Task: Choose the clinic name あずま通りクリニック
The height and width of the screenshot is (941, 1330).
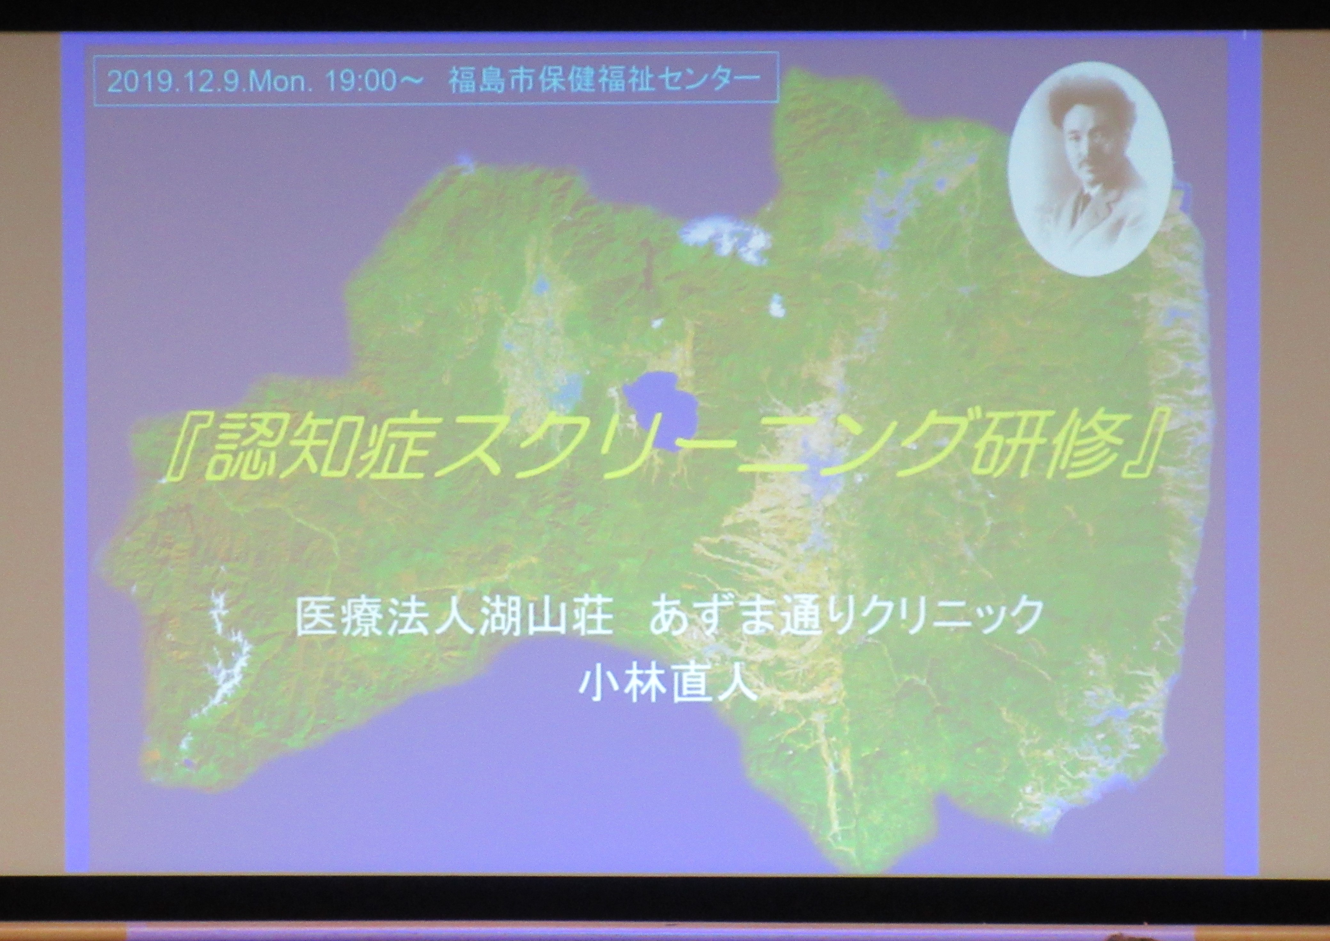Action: coord(843,618)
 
